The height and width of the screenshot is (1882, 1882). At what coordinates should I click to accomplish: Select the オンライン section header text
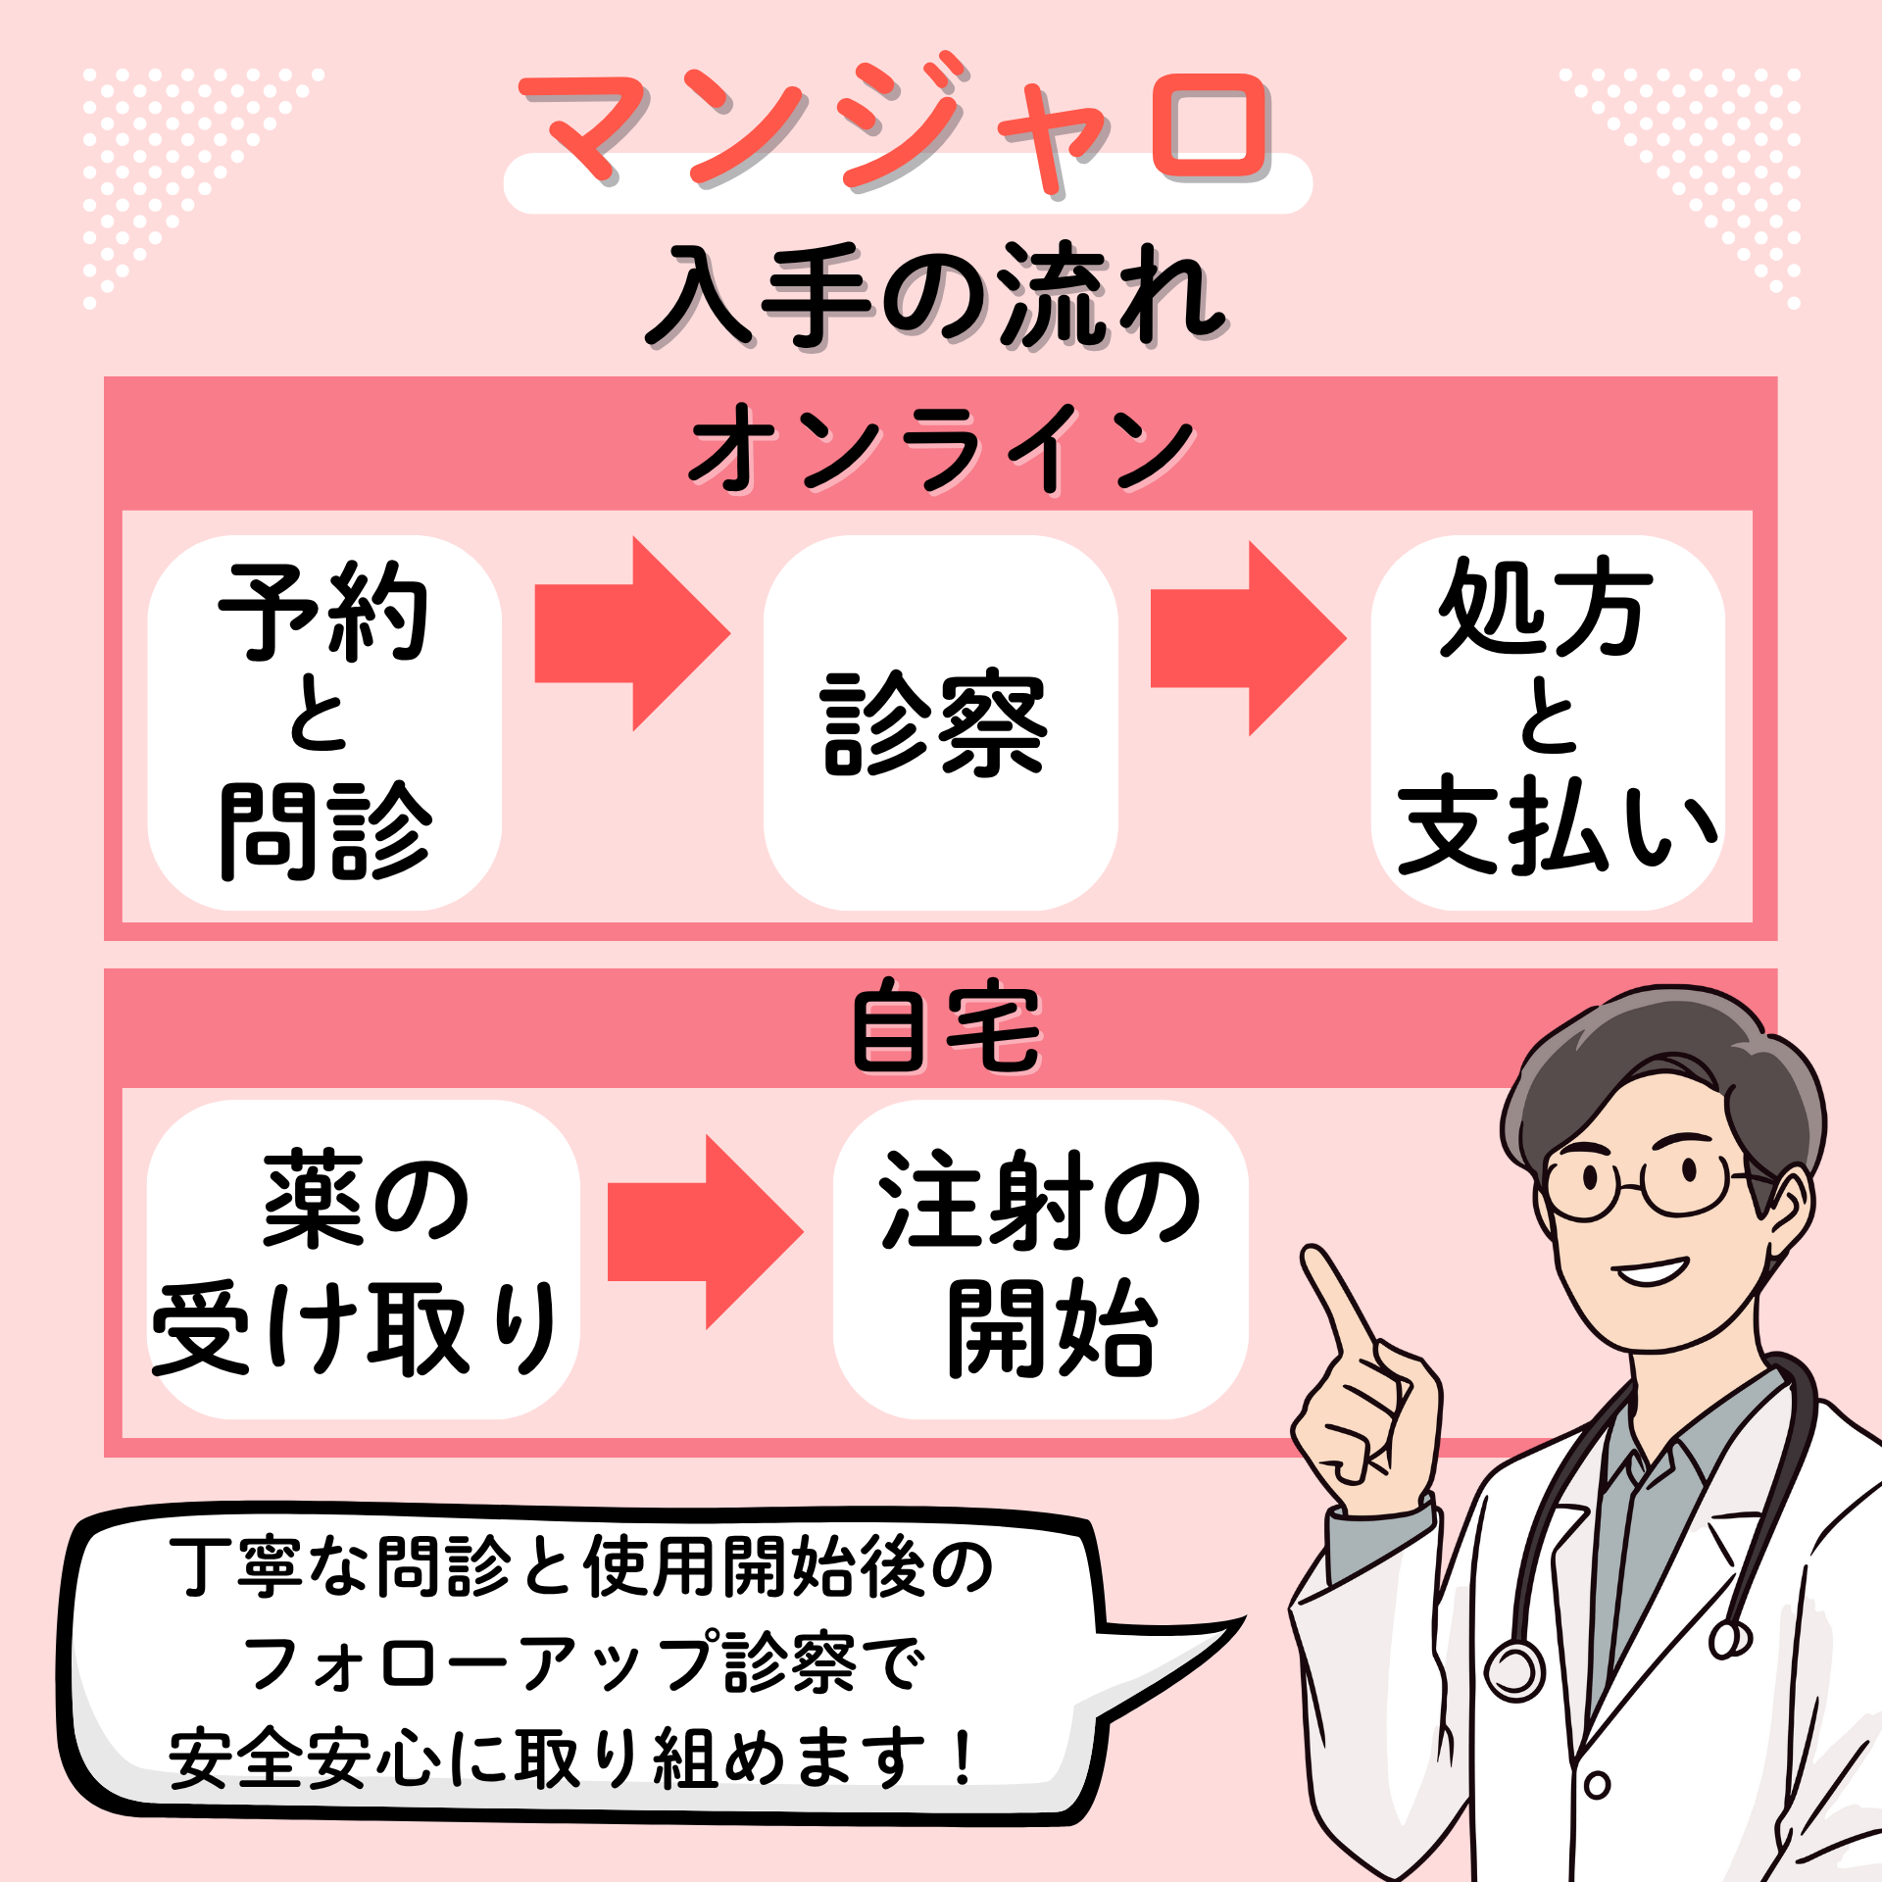[x=941, y=446]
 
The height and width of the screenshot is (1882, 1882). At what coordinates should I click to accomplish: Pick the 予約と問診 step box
[x=324, y=722]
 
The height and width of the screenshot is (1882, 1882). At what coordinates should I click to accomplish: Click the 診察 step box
[x=940, y=722]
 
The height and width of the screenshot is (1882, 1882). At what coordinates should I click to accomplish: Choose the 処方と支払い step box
[x=1549, y=722]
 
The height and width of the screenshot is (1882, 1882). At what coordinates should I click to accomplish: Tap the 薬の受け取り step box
[x=363, y=1260]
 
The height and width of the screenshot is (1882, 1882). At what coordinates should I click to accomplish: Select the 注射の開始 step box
[x=1040, y=1260]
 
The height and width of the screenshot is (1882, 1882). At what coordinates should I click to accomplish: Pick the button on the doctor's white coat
[x=1597, y=1785]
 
